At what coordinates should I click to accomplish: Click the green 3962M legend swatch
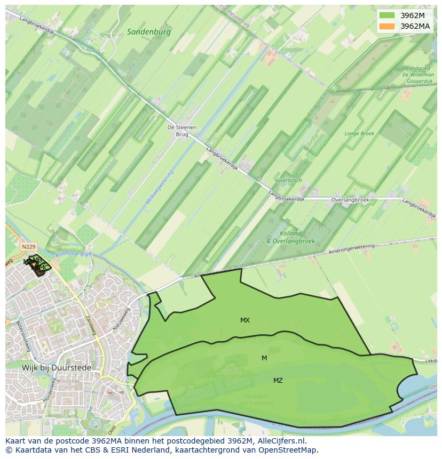pyautogui.click(x=388, y=15)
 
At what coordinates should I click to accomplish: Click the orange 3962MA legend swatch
pyautogui.click(x=388, y=26)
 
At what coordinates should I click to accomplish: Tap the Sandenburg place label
pyautogui.click(x=149, y=32)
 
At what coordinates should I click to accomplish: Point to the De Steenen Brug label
pyautogui.click(x=182, y=131)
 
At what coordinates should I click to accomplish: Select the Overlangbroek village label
pyautogui.click(x=350, y=200)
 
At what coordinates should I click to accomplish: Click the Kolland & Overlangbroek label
pyautogui.click(x=291, y=237)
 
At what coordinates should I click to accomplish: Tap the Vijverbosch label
pyautogui.click(x=288, y=180)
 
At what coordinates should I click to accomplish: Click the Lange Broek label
pyautogui.click(x=359, y=134)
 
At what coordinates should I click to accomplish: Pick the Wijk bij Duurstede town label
pyautogui.click(x=57, y=368)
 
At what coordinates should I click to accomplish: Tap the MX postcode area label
pyautogui.click(x=244, y=320)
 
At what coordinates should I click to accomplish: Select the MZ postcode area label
pyautogui.click(x=278, y=381)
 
